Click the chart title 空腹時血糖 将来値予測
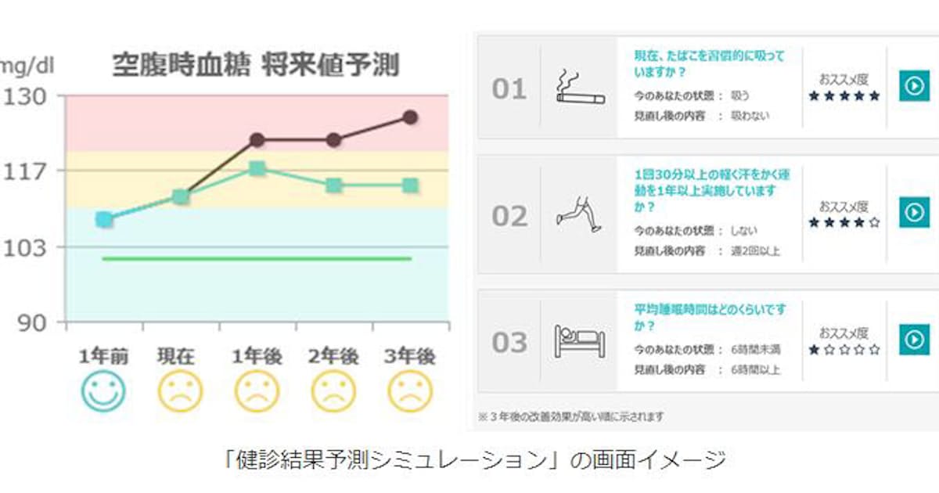tap(255, 65)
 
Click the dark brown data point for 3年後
tap(410, 117)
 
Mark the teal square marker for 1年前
tap(104, 219)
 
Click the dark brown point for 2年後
tap(334, 140)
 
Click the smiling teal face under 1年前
tap(103, 390)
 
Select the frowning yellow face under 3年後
tap(410, 390)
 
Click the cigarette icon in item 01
tap(579, 88)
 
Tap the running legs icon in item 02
tap(579, 213)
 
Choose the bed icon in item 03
tap(579, 341)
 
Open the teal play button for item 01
tap(913, 85)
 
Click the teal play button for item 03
tap(913, 339)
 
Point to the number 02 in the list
tap(509, 216)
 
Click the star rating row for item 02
tap(844, 223)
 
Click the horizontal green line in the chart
tap(257, 258)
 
